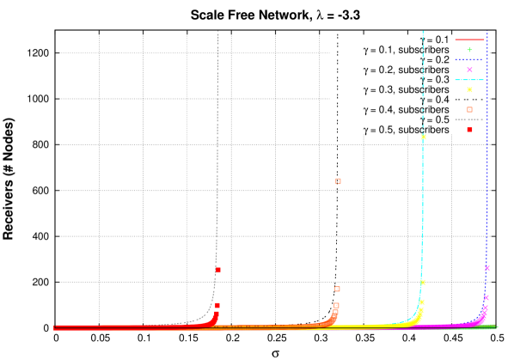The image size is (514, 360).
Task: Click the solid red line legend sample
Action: pyautogui.click(x=469, y=40)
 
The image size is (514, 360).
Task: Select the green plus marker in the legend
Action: pyautogui.click(x=469, y=50)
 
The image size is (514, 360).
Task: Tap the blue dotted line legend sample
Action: pyautogui.click(x=469, y=60)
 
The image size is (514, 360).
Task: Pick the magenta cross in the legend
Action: pyautogui.click(x=469, y=70)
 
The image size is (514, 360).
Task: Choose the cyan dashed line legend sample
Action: pyautogui.click(x=469, y=80)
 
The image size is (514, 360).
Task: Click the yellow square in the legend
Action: pyautogui.click(x=469, y=89)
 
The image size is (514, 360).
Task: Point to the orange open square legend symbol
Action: pyautogui.click(x=469, y=109)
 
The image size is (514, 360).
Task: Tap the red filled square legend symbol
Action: pyautogui.click(x=469, y=130)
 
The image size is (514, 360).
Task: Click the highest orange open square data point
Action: pyautogui.click(x=338, y=181)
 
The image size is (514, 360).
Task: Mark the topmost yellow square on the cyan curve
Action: pyautogui.click(x=423, y=137)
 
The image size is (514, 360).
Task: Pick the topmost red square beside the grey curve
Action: pyautogui.click(x=217, y=270)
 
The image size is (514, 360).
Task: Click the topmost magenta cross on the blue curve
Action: pyautogui.click(x=486, y=268)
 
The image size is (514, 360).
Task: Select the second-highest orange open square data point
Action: pyautogui.click(x=337, y=289)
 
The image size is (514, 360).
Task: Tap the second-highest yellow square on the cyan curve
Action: pyautogui.click(x=422, y=282)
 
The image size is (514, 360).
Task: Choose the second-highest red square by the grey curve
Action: pyautogui.click(x=217, y=306)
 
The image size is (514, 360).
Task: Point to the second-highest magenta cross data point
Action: pyautogui.click(x=486, y=298)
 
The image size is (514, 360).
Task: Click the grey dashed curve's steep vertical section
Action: pyautogui.click(x=217, y=129)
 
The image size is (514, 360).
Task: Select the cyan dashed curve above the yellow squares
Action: pyautogui.click(x=423, y=77)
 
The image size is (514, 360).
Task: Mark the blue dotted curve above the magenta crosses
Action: pyautogui.click(x=486, y=155)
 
